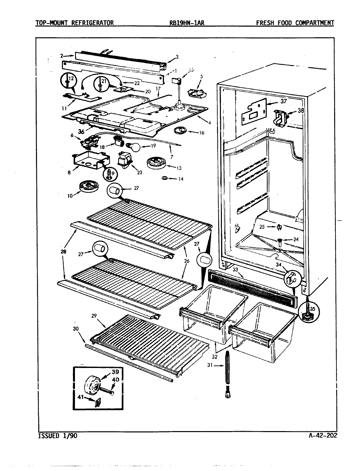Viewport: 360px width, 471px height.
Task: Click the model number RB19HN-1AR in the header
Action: click(x=186, y=23)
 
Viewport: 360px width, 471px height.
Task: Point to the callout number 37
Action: click(x=283, y=101)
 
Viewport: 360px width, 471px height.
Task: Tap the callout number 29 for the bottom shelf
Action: click(x=94, y=316)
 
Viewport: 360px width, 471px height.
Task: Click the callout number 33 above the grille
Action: click(x=235, y=270)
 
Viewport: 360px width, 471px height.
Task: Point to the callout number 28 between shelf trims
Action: click(x=63, y=252)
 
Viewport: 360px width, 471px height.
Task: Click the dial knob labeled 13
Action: click(x=155, y=163)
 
